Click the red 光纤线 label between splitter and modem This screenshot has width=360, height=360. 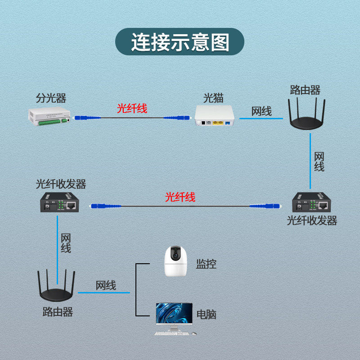coord(132,108)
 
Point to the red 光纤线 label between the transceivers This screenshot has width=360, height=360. coord(180,197)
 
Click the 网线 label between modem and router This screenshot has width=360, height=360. coord(261,111)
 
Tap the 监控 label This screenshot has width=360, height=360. coord(206,264)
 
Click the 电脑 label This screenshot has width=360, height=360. coord(206,314)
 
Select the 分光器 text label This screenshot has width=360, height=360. coord(50,98)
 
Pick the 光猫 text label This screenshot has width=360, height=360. coord(213,97)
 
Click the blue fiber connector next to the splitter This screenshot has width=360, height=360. coord(81,117)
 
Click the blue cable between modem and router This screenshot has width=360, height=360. coord(261,119)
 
